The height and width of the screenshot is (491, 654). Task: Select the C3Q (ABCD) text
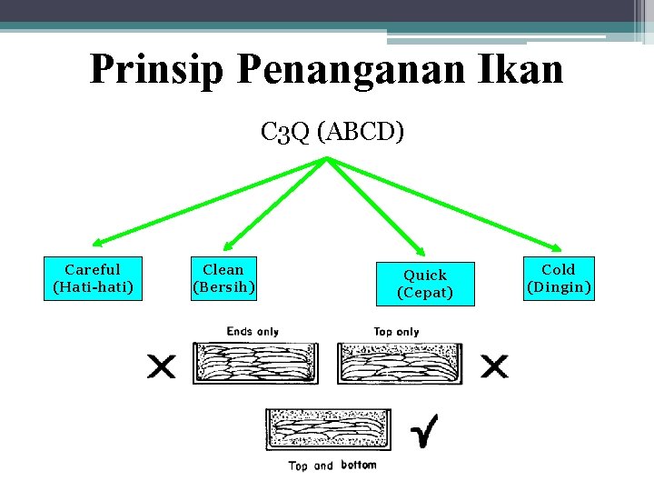click(332, 133)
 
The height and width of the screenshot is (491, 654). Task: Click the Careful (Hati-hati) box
click(93, 278)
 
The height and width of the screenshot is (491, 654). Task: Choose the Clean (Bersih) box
click(223, 278)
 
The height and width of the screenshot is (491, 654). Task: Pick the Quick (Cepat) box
click(425, 284)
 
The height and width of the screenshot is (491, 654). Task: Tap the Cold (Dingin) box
click(559, 278)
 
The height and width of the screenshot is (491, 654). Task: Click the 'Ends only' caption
click(253, 331)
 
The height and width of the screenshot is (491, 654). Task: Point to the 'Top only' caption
click(396, 331)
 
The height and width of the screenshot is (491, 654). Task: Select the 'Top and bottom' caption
click(332, 466)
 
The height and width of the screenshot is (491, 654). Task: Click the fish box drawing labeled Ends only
click(256, 363)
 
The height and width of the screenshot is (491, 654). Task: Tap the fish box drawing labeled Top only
click(401, 363)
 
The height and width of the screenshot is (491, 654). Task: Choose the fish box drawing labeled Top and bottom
click(328, 430)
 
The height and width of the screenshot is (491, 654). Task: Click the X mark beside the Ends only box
click(163, 366)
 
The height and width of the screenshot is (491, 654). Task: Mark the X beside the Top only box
click(495, 366)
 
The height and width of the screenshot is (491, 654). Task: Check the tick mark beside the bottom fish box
click(422, 431)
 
